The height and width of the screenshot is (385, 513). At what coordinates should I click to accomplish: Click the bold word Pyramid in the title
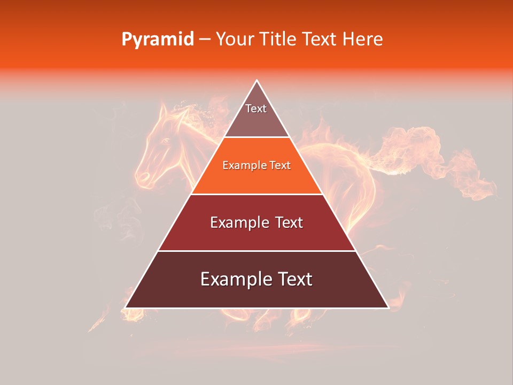(x=157, y=40)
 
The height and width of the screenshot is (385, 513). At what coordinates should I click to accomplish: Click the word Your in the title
(x=234, y=40)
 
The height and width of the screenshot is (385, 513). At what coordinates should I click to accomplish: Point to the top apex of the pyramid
(x=257, y=81)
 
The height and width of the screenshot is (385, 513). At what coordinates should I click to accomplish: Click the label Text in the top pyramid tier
(x=256, y=109)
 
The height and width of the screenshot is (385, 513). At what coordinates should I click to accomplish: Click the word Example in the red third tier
(x=238, y=222)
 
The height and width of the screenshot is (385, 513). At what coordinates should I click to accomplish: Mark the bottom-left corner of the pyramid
(x=126, y=307)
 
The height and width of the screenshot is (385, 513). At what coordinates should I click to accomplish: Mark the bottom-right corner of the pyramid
(x=388, y=307)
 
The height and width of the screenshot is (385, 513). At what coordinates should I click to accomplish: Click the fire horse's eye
(x=165, y=141)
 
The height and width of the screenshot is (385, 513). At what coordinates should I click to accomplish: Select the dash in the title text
(x=205, y=40)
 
